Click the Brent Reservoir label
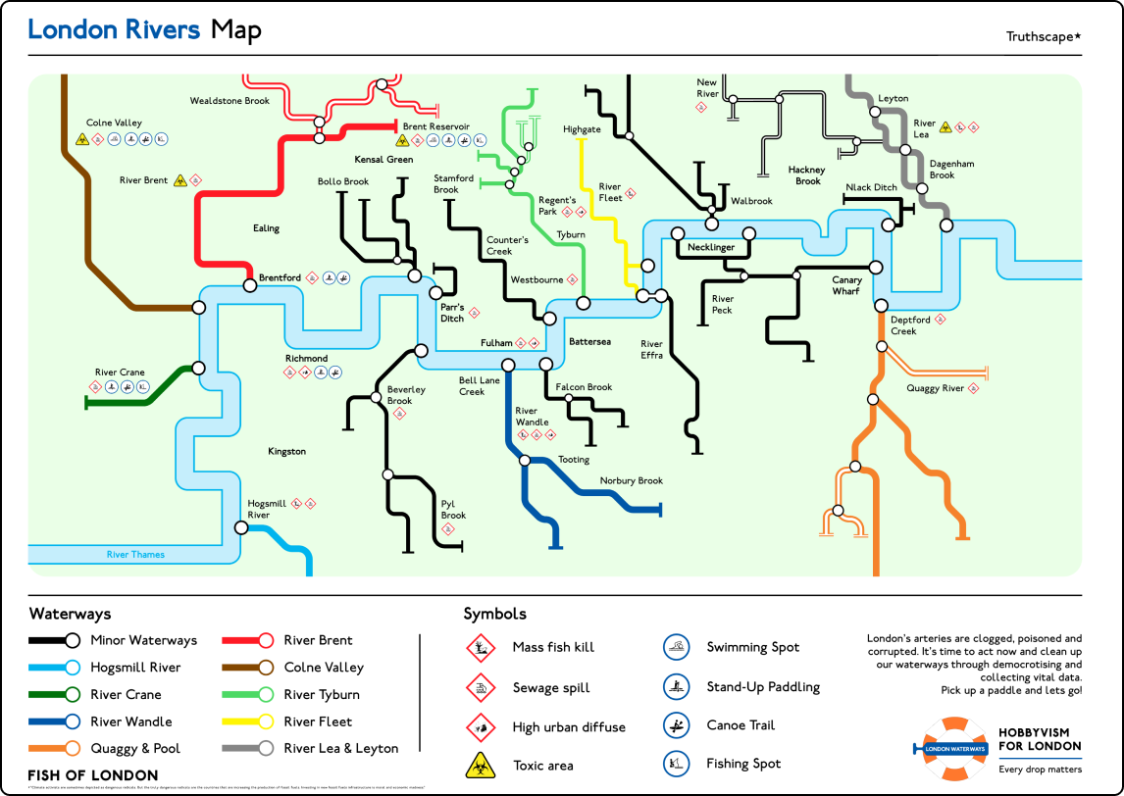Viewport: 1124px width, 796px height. coord(435,126)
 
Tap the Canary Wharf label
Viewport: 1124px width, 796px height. coord(846,285)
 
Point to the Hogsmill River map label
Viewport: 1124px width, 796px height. coord(258,509)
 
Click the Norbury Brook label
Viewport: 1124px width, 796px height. coord(632,480)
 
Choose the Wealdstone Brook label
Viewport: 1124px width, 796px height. coord(230,100)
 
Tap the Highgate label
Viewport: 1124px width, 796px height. coord(582,129)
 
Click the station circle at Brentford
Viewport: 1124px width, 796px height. coord(250,284)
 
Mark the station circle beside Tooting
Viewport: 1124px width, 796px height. coord(525,460)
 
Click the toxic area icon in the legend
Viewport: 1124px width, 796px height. coord(479,765)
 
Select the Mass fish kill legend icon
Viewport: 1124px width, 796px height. coord(479,647)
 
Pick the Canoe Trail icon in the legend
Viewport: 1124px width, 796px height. coord(674,725)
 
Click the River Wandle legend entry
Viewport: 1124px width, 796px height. coord(131,721)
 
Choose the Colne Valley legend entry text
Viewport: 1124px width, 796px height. coord(324,668)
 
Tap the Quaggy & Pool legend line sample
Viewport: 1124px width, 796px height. coord(54,749)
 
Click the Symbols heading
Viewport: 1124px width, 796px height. coord(494,614)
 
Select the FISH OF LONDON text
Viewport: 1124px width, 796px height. coord(92,775)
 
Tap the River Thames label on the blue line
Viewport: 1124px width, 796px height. coord(135,555)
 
